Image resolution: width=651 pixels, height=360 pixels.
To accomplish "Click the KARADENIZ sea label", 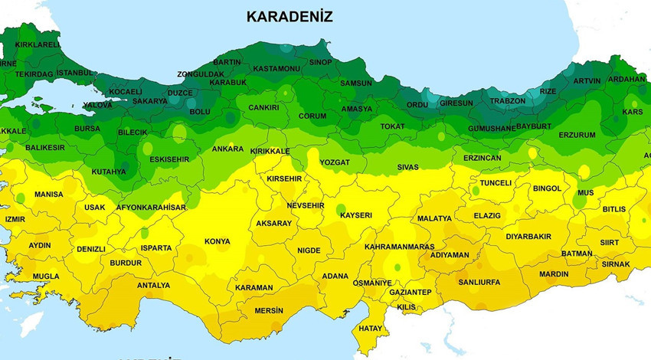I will pyautogui.click(x=289, y=17).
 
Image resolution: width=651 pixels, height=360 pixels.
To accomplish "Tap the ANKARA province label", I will pyautogui.click(x=227, y=149).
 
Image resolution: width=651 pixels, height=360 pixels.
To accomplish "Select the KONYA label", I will pyautogui.click(x=217, y=242).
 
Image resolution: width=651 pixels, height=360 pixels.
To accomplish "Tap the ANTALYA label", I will pyautogui.click(x=153, y=286).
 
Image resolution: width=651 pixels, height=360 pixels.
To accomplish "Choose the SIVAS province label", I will pyautogui.click(x=407, y=167).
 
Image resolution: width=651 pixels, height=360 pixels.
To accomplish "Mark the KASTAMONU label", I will pyautogui.click(x=276, y=69).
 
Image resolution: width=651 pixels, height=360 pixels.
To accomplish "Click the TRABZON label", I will pyautogui.click(x=508, y=101).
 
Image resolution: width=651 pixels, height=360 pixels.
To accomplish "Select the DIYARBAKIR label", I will pyautogui.click(x=528, y=237).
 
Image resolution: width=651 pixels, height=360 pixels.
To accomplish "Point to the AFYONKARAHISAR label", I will pyautogui.click(x=151, y=208).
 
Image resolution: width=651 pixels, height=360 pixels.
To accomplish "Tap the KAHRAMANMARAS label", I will pyautogui.click(x=399, y=247).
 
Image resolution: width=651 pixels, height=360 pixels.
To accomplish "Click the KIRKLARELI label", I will pyautogui.click(x=38, y=45).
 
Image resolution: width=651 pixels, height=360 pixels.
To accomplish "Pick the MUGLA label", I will pyautogui.click(x=45, y=277).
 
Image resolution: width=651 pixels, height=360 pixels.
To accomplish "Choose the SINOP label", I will pyautogui.click(x=321, y=62).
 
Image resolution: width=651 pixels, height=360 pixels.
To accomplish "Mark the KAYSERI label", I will pyautogui.click(x=355, y=216).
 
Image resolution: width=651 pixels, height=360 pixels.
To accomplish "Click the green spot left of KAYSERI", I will pyautogui.click(x=340, y=209).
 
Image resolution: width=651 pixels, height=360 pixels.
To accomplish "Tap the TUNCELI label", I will pyautogui.click(x=495, y=184).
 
